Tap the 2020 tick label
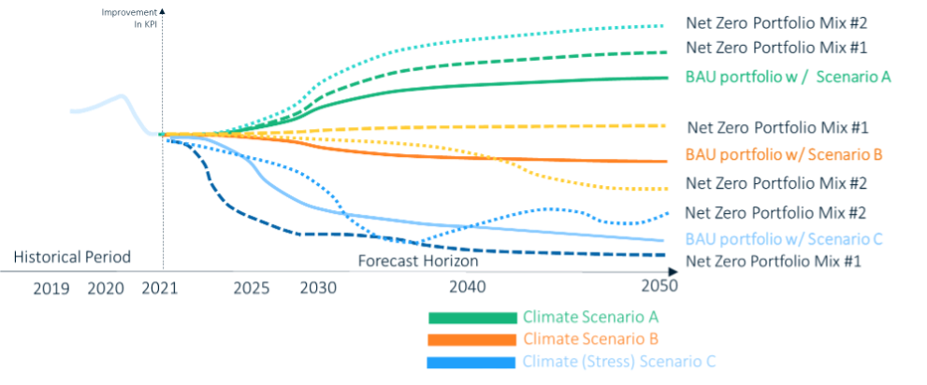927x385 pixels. tap(107, 288)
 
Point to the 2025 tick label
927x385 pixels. tap(253, 288)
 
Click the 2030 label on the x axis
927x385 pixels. tap(319, 288)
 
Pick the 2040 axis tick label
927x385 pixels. tap(468, 288)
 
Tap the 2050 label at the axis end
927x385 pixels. tap(659, 288)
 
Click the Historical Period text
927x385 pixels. tap(72, 256)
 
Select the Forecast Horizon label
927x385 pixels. tap(418, 262)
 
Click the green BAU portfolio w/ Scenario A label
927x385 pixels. tap(788, 77)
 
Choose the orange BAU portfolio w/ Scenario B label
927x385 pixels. tap(784, 155)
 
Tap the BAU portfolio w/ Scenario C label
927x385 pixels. tap(784, 237)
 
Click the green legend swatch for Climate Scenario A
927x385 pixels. tap(472, 318)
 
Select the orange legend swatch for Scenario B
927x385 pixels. tap(472, 339)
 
